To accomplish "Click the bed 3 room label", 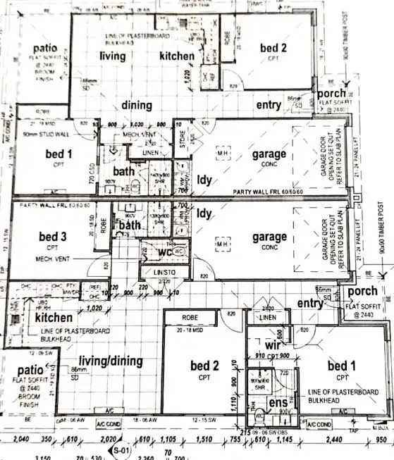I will [x=53, y=237].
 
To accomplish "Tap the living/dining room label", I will [x=111, y=361].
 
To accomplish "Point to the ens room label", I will [x=277, y=403].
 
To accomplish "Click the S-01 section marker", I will [x=121, y=449].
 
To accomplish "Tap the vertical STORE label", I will [x=181, y=136].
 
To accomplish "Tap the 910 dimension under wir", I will [x=260, y=356].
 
